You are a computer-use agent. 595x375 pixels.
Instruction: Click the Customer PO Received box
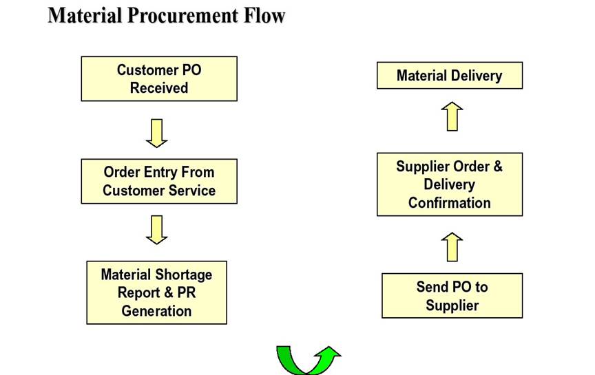(x=159, y=79)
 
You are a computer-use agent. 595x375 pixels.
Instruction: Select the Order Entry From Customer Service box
(x=159, y=181)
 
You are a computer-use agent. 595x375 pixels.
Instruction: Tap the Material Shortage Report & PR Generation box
(x=156, y=292)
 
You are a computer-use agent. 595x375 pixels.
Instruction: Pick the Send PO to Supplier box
(x=452, y=296)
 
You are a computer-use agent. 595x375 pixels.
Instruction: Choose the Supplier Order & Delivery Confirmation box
(x=449, y=184)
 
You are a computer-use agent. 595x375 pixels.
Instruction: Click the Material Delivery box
(x=449, y=76)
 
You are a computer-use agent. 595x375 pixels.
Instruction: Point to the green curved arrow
(x=309, y=359)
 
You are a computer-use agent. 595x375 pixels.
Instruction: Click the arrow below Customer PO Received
(x=157, y=133)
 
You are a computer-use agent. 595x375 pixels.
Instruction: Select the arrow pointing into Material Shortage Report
(x=157, y=230)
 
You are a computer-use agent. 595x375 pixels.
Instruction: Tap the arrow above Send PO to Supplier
(x=452, y=247)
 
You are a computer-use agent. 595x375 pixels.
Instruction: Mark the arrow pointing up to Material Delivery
(x=452, y=116)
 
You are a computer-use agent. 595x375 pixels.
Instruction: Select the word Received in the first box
(x=159, y=88)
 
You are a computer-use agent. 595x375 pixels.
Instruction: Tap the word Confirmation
(x=449, y=203)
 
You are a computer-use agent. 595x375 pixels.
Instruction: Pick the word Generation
(x=156, y=311)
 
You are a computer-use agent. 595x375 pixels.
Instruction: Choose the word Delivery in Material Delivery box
(x=477, y=76)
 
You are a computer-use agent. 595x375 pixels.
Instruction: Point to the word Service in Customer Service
(x=191, y=191)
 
